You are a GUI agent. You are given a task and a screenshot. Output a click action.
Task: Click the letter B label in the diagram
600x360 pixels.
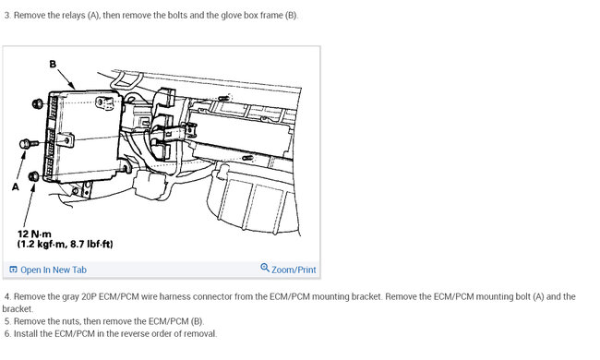pyautogui.click(x=53, y=64)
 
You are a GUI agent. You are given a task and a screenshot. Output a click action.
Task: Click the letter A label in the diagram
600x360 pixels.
pyautogui.click(x=16, y=186)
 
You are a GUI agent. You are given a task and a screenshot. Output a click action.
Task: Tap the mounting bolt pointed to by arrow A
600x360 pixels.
pyautogui.click(x=29, y=144)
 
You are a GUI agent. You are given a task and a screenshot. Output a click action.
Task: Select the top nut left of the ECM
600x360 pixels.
pyautogui.click(x=38, y=103)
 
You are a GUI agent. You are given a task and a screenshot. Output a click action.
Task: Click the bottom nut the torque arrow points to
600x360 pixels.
pyautogui.click(x=33, y=176)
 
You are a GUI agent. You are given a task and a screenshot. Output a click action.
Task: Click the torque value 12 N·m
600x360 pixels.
pyautogui.click(x=34, y=234)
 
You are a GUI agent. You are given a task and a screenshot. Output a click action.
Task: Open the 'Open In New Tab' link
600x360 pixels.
pyautogui.click(x=54, y=270)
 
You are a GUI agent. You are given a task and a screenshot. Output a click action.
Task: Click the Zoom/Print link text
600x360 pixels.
pyautogui.click(x=294, y=270)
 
